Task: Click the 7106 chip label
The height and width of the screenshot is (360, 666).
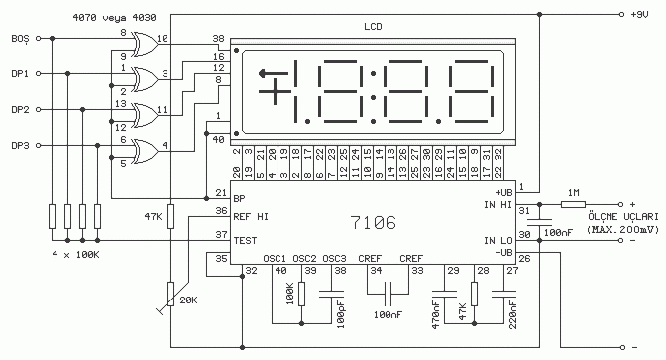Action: pyautogui.click(x=374, y=222)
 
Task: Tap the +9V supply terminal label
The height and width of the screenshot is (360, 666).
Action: pyautogui.click(x=639, y=15)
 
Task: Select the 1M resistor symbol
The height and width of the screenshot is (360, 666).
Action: pyautogui.click(x=574, y=204)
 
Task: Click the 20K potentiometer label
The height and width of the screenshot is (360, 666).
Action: pyautogui.click(x=188, y=300)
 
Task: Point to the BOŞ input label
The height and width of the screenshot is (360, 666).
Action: pyautogui.click(x=20, y=39)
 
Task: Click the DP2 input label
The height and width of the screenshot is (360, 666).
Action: pyautogui.click(x=20, y=110)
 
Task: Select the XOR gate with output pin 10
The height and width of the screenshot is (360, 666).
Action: pyautogui.click(x=145, y=44)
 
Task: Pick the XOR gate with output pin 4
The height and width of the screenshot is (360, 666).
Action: pyautogui.click(x=145, y=151)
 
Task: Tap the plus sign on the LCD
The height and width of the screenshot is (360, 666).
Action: pyautogui.click(x=275, y=91)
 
